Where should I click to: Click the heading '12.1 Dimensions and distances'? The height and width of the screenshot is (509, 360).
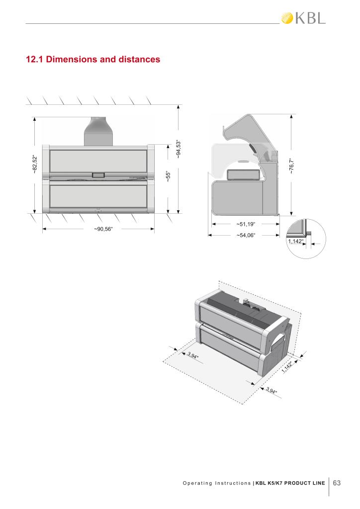[x=93, y=60]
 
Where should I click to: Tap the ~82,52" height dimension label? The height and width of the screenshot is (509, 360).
[x=35, y=165]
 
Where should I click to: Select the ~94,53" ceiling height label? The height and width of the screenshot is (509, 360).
[x=178, y=149]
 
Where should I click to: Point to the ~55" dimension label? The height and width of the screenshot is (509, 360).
[x=168, y=176]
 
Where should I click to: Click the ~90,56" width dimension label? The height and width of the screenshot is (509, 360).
[x=103, y=229]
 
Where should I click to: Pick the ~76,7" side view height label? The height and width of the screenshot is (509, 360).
[x=291, y=166]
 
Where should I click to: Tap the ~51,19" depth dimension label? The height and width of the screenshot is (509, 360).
[x=246, y=224]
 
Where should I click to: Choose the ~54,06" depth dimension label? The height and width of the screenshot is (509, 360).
[x=246, y=235]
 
